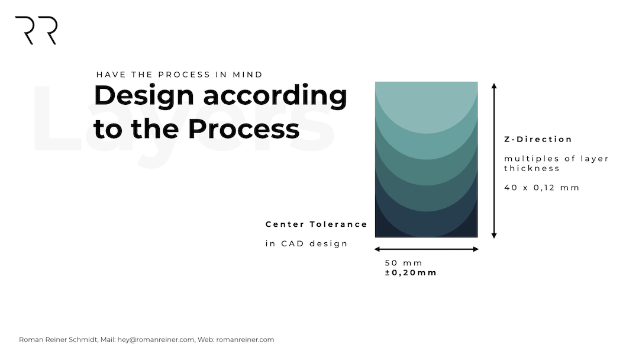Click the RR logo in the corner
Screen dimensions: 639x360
[x=36, y=30]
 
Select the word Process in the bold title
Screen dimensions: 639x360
[x=244, y=128]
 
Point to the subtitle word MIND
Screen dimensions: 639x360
[x=247, y=75]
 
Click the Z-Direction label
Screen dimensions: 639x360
[x=538, y=139]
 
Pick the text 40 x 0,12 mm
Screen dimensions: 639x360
[x=541, y=188]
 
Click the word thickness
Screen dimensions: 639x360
[x=532, y=168]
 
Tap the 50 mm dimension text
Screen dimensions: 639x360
[x=404, y=263]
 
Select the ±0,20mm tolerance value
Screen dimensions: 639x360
[x=411, y=273]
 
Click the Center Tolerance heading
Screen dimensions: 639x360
[x=316, y=224]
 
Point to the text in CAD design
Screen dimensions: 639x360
[x=306, y=243]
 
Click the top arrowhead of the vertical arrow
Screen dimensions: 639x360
[x=494, y=86]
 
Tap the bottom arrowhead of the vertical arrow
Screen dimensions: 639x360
[x=494, y=236]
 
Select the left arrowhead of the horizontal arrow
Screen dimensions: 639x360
[x=377, y=249]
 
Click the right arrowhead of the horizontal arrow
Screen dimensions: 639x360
[x=476, y=249]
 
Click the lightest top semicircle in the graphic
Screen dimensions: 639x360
[x=426, y=106]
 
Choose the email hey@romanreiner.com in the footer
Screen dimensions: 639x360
[x=156, y=340]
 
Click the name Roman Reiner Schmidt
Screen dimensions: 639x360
[x=58, y=340]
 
